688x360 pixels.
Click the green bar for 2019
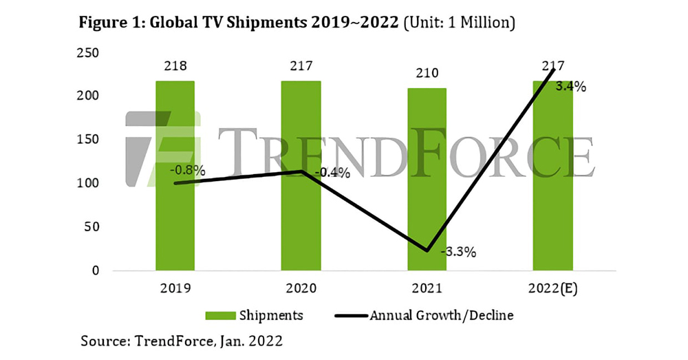(175, 207)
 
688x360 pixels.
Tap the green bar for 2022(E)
(552, 207)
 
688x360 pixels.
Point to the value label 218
(175, 66)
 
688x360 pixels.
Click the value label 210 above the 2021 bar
(427, 73)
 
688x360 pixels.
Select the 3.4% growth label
(571, 87)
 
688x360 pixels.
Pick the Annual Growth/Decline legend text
(442, 316)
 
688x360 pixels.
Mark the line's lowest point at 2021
(427, 251)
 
